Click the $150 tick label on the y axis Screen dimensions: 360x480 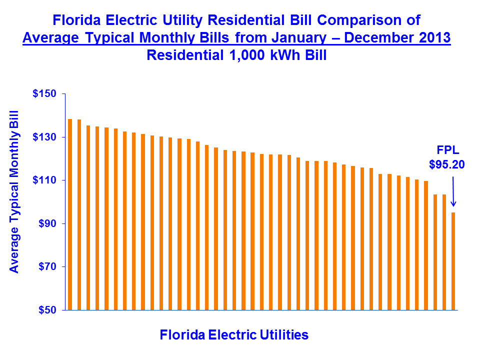44,94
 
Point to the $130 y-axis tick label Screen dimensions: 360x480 44,137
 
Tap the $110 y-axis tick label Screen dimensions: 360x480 44,180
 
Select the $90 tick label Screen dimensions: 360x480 46,223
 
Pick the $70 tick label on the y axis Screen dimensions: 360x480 46,266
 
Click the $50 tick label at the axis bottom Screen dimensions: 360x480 46,310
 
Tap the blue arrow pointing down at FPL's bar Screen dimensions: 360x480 453,190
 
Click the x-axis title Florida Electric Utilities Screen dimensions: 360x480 234,334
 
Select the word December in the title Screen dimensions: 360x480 368,37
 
